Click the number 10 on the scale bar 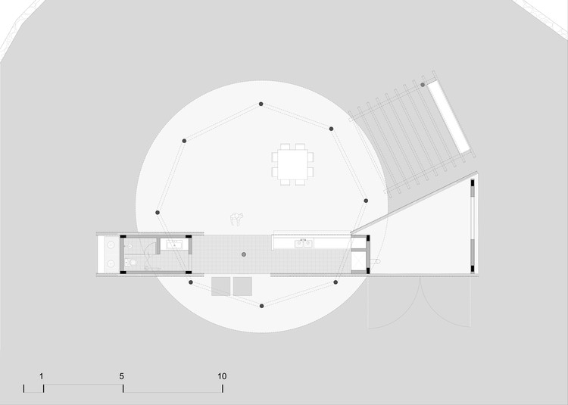click(x=222, y=375)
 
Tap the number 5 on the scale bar click(x=121, y=375)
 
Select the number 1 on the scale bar click(x=42, y=375)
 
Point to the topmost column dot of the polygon click(x=261, y=103)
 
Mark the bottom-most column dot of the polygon click(x=261, y=306)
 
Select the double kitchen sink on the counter click(x=304, y=243)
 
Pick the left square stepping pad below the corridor click(x=221, y=286)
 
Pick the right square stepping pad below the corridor click(x=242, y=286)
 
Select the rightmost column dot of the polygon click(x=366, y=201)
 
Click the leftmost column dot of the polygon click(x=158, y=213)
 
